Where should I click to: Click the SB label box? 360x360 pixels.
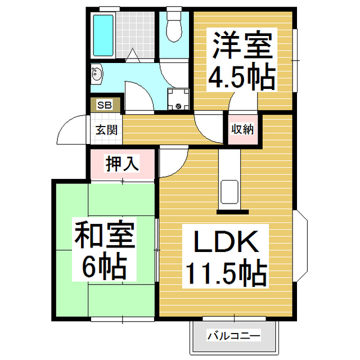[105, 105]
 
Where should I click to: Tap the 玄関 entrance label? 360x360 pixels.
[106, 130]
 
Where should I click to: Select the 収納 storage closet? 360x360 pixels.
[242, 129]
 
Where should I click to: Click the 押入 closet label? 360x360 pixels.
[122, 164]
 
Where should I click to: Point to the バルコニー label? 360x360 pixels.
[234, 336]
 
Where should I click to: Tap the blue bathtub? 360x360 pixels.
[103, 35]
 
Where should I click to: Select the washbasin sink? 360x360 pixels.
[97, 74]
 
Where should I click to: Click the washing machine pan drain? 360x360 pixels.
[178, 106]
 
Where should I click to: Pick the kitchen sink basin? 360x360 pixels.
[229, 192]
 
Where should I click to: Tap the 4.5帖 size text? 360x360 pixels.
[242, 76]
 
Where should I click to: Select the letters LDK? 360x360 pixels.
[226, 242]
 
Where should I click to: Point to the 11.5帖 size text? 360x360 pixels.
[226, 272]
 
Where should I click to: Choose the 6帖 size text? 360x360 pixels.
[105, 265]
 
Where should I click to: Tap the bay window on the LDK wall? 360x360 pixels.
[301, 246]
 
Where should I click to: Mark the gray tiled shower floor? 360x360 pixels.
[135, 35]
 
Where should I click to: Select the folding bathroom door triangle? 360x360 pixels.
[133, 55]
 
